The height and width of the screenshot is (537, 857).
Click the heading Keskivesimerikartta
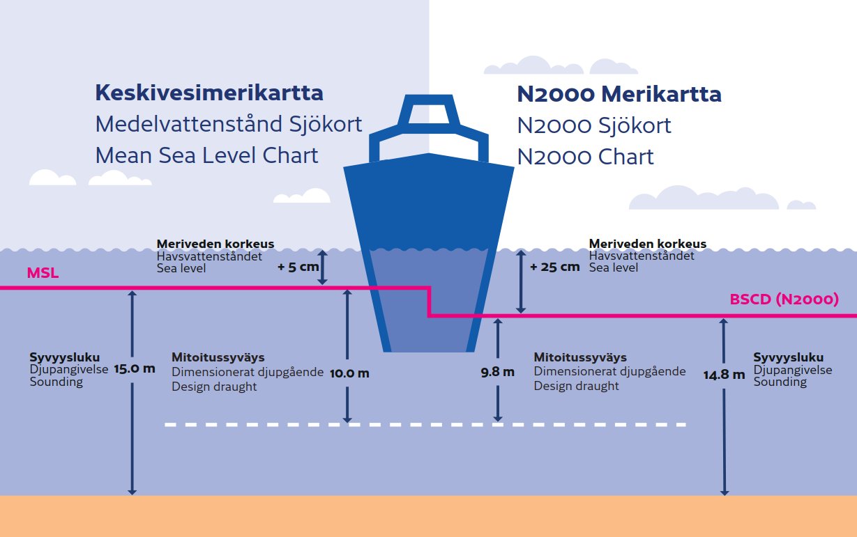[209, 93]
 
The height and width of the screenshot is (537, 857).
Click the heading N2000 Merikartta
[619, 94]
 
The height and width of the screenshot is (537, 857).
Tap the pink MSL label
[43, 273]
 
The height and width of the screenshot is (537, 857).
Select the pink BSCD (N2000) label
[784, 300]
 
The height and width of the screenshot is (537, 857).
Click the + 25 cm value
[554, 267]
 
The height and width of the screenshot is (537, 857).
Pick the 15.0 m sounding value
[135, 368]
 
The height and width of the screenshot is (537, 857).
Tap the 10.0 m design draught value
[349, 373]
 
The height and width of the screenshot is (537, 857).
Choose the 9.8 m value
[497, 372]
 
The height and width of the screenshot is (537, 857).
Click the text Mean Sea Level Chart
[206, 155]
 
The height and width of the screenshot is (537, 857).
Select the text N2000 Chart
[585, 157]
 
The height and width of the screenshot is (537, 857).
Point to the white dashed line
[425, 424]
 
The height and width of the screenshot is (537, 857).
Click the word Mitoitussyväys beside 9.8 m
[580, 358]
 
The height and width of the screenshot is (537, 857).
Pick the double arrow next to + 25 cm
[519, 281]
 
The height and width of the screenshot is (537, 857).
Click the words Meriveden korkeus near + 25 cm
[647, 244]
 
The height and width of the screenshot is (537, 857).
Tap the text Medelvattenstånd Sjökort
[229, 124]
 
